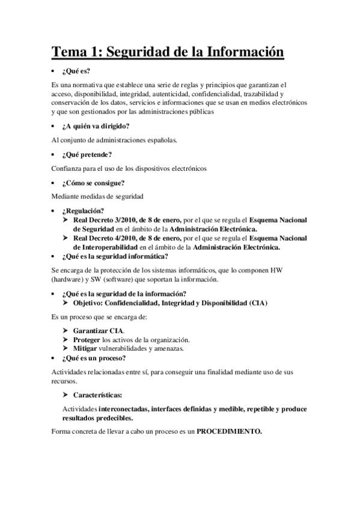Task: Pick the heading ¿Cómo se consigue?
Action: tap(93, 182)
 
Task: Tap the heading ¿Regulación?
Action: tap(83, 210)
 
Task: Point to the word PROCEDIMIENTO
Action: tap(230, 432)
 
